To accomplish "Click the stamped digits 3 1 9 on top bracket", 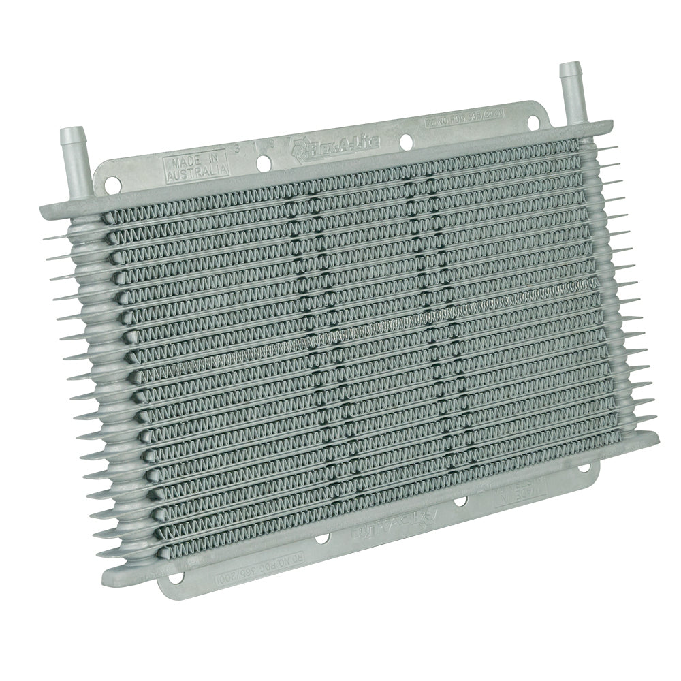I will coord(252,150).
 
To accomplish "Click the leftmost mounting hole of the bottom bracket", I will coord(176,577).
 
